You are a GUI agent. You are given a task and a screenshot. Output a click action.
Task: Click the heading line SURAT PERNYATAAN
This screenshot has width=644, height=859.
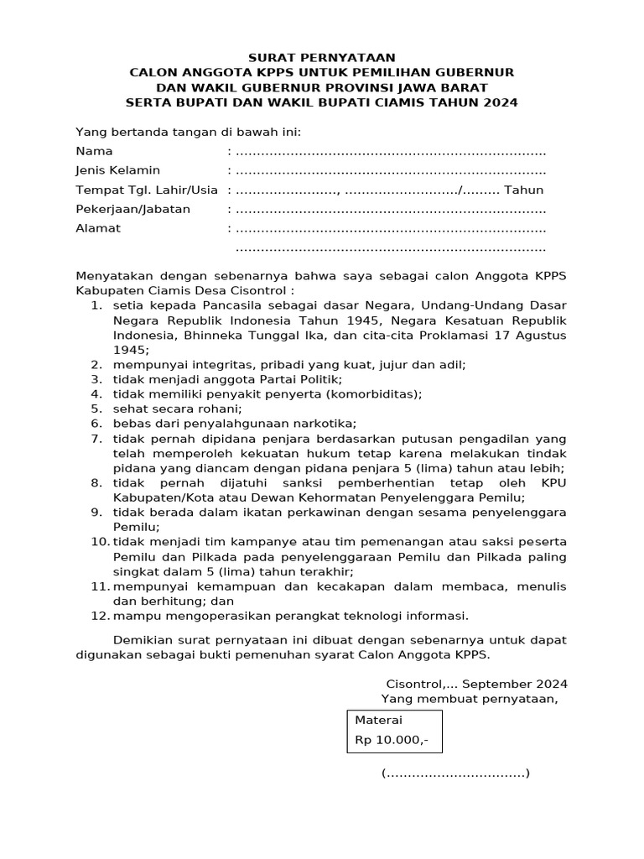coord(321,58)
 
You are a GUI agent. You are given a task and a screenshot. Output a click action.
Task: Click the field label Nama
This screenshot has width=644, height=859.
coord(94,152)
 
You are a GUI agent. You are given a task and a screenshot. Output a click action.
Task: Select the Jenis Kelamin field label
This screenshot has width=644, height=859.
coord(117,171)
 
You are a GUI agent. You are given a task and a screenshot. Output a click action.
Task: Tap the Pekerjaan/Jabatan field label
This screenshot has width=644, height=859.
coord(132,209)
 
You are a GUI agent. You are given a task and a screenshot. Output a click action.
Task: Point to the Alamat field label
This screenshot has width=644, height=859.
coord(98,228)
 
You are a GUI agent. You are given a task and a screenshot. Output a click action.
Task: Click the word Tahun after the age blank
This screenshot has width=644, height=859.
coord(524,190)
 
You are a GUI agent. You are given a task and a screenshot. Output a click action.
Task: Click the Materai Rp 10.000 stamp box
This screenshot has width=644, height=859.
coord(395,731)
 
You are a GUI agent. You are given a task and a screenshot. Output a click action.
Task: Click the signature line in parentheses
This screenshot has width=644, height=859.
coord(455,773)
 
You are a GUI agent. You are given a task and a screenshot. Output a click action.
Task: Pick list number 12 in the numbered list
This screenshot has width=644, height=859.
coord(100,617)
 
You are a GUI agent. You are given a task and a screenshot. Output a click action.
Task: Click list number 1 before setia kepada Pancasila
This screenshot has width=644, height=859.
coord(97,305)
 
